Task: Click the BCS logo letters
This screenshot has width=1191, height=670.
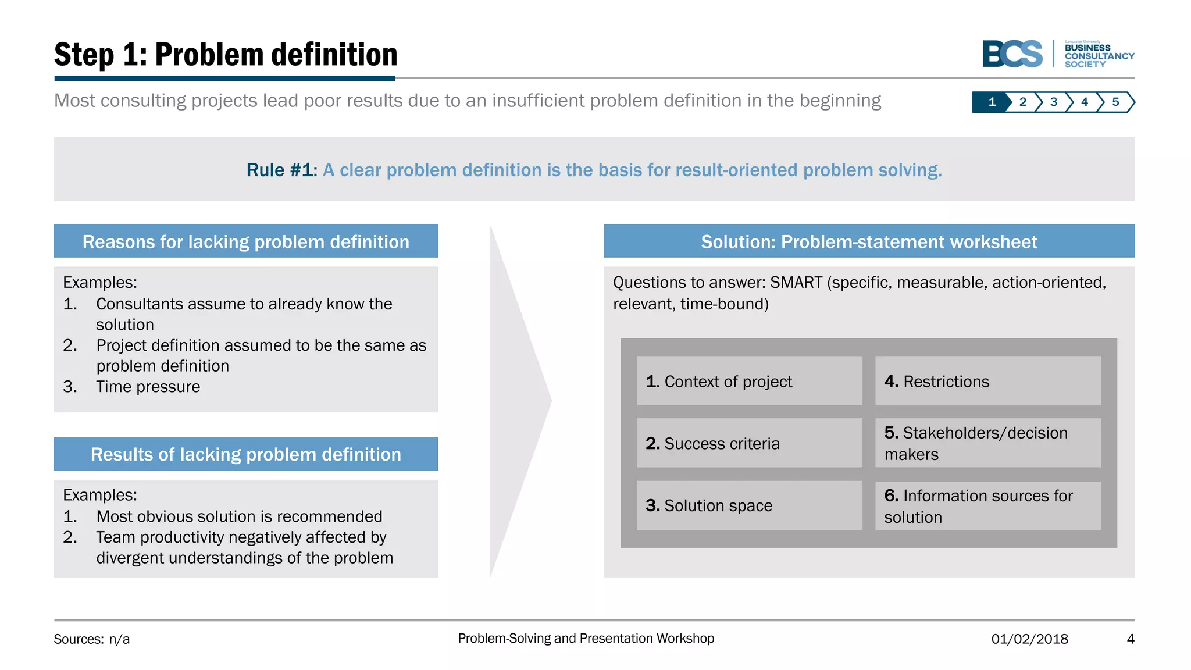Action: pyautogui.click(x=1012, y=54)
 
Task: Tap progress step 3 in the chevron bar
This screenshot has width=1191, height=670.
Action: pyautogui.click(x=1053, y=102)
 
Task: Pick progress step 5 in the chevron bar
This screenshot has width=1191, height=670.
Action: pyautogui.click(x=1115, y=102)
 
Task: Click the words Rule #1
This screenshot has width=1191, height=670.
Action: pyautogui.click(x=281, y=170)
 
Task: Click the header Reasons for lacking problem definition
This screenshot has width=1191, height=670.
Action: pyautogui.click(x=245, y=241)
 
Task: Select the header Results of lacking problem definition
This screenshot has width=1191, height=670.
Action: pyautogui.click(x=245, y=454)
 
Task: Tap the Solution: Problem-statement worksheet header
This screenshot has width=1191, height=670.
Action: pyautogui.click(x=869, y=241)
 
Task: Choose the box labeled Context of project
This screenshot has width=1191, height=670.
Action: pyautogui.click(x=749, y=381)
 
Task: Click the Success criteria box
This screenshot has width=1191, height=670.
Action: pyautogui.click(x=749, y=443)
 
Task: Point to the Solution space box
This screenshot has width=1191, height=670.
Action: pyautogui.click(x=749, y=505)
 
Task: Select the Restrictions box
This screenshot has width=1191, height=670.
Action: pyautogui.click(x=987, y=381)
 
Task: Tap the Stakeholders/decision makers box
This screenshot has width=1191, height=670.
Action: pyautogui.click(x=987, y=443)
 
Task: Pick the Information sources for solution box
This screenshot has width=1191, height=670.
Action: pyautogui.click(x=987, y=505)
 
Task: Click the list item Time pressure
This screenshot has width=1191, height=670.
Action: pyautogui.click(x=148, y=387)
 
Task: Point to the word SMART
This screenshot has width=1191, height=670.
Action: pyautogui.click(x=796, y=283)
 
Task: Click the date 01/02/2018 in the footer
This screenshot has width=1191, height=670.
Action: pyautogui.click(x=1029, y=639)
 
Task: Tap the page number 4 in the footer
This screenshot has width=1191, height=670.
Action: pyautogui.click(x=1130, y=639)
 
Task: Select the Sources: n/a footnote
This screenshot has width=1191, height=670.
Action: pyautogui.click(x=92, y=639)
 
